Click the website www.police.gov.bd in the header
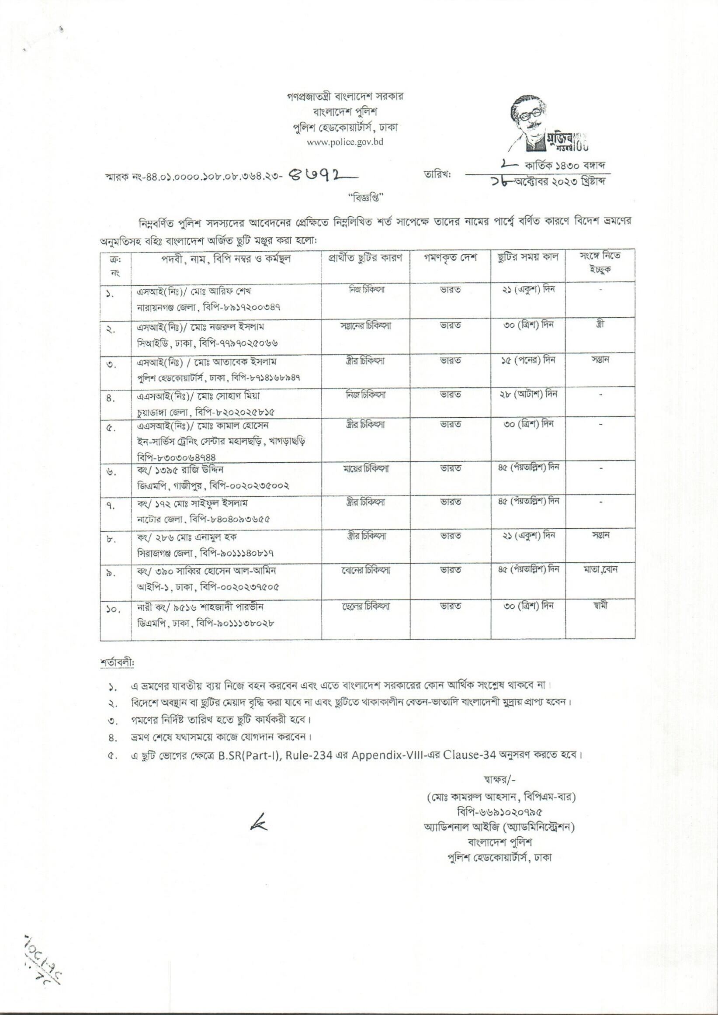pyautogui.click(x=345, y=142)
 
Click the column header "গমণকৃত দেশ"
pyautogui.click(x=450, y=258)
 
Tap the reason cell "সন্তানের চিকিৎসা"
pyautogui.click(x=366, y=326)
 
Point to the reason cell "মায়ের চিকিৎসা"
pyautogui.click(x=366, y=468)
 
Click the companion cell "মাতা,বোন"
pyautogui.click(x=600, y=570)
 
